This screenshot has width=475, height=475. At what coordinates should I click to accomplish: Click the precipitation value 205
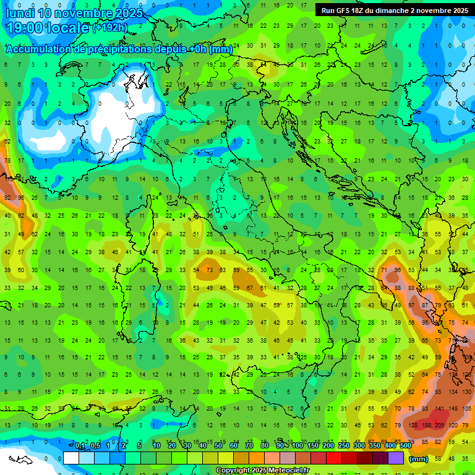coord(440,425)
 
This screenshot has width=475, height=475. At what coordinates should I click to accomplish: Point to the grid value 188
coord(426,425)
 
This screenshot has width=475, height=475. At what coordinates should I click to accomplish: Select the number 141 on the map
coord(440,408)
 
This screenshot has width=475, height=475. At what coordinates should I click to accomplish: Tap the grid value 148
coord(455,408)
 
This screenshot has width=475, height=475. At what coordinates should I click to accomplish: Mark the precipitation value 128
coord(410,425)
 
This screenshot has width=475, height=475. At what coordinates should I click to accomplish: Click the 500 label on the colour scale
coord(405,446)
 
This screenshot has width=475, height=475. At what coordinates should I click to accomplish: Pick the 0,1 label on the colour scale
coord(80,446)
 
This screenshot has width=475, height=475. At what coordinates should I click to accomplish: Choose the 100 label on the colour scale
coord(297,446)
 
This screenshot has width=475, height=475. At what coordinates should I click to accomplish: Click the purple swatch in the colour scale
coord(396,458)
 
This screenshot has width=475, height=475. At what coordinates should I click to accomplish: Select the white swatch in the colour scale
coord(71,458)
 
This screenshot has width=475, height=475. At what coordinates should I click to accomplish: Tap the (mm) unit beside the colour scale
coord(419,458)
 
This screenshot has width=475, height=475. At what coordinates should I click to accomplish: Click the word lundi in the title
coord(22,12)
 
